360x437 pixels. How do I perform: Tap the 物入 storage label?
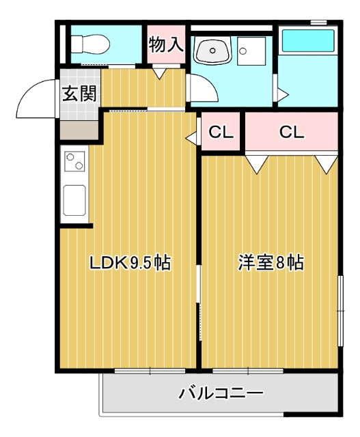click(x=166, y=45)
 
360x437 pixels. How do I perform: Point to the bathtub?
click(x=308, y=42)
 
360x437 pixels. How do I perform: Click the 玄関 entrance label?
click(x=80, y=94)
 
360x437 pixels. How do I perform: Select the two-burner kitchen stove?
click(x=74, y=163)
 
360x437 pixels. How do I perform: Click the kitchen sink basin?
click(x=74, y=200)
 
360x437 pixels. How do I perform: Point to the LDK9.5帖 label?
click(x=130, y=262)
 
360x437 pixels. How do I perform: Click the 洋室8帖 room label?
click(x=271, y=262)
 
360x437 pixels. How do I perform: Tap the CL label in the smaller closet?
click(x=221, y=132)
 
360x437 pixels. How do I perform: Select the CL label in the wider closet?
click(x=292, y=132)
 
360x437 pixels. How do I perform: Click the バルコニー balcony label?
click(x=221, y=394)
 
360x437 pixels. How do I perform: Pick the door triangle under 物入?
click(x=159, y=72)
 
